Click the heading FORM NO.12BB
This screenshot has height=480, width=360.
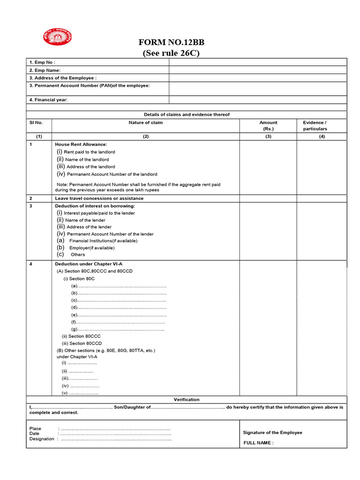[171, 42]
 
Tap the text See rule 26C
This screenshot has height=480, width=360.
[171, 53]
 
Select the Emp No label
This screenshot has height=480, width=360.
[42, 62]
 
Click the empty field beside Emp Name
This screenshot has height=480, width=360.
[258, 70]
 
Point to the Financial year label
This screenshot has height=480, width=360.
[48, 100]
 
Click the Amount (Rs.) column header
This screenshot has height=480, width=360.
[268, 126]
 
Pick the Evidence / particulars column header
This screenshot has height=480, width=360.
[315, 126]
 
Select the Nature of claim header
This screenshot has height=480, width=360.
[146, 123]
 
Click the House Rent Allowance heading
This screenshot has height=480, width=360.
[81, 144]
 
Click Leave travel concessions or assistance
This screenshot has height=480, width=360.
[99, 198]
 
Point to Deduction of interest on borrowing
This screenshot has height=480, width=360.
[95, 206]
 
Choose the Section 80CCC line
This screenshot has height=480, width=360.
[81, 336]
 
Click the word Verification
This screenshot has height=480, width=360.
[187, 399]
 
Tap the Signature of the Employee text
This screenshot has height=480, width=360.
[272, 433]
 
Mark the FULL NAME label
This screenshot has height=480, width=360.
[258, 443]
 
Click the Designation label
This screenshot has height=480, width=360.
[42, 439]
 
